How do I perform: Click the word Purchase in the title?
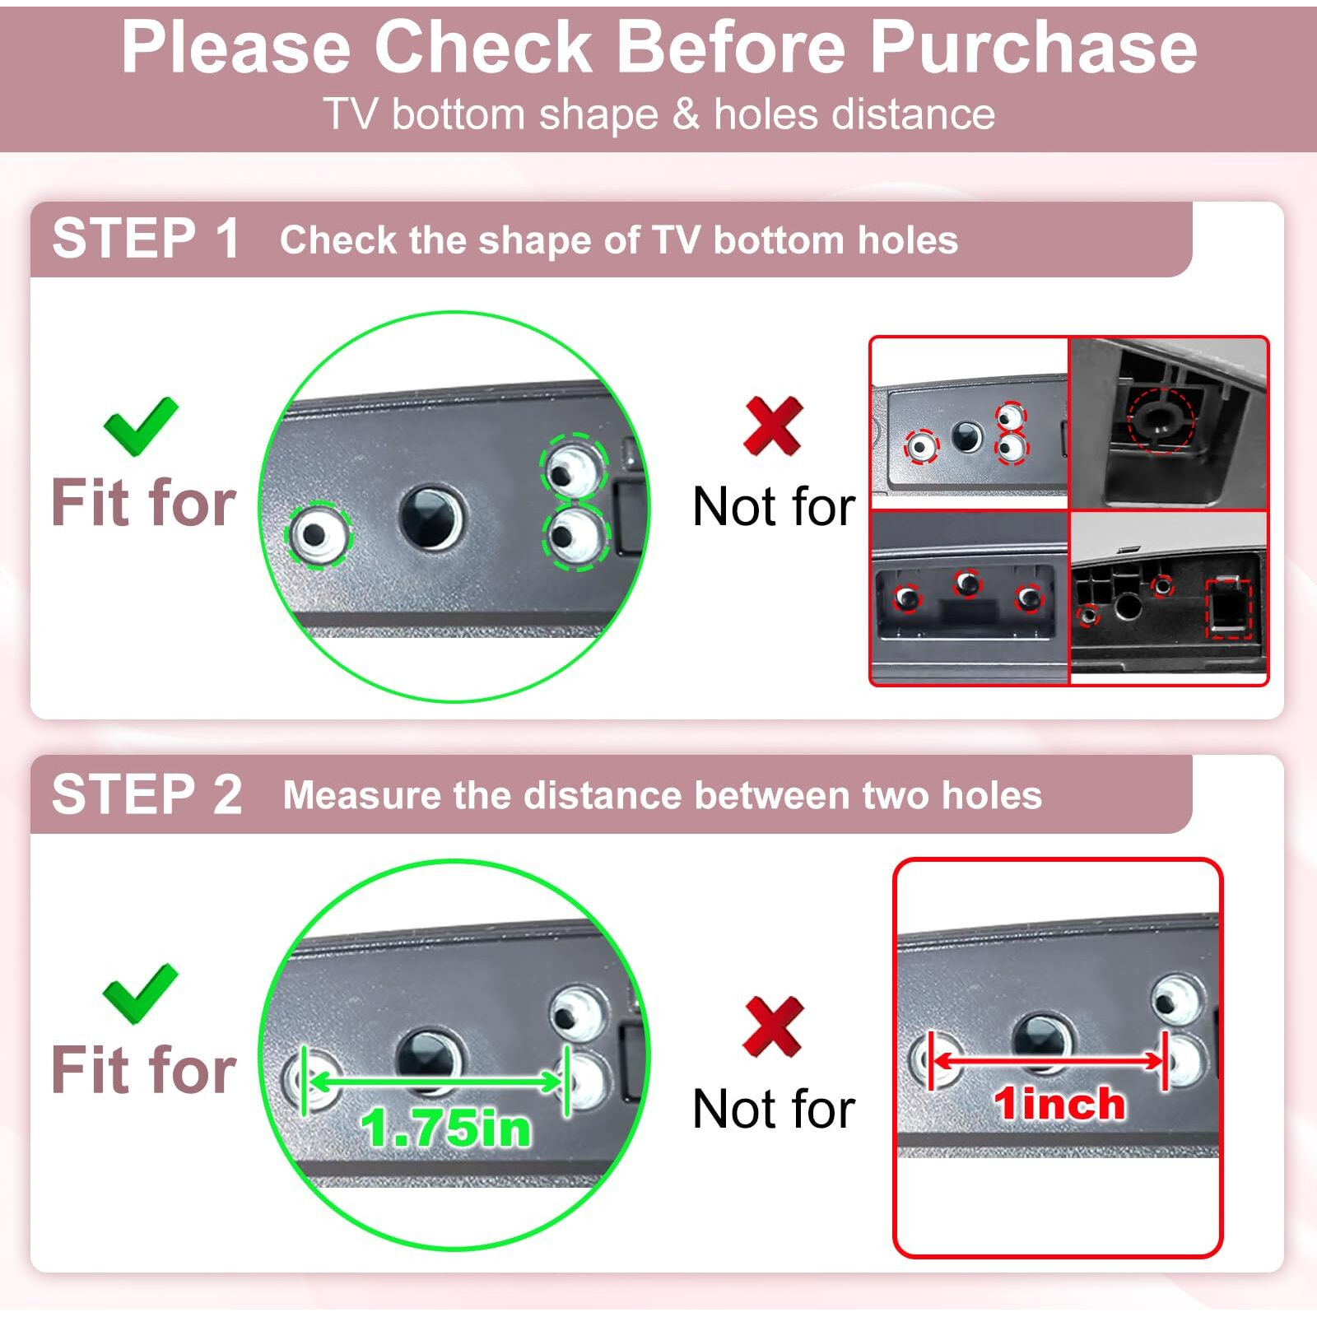point(1033,48)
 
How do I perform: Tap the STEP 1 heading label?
point(147,239)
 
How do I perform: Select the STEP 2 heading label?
point(147,794)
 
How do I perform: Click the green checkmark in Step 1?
point(141,426)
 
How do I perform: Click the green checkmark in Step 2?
point(141,994)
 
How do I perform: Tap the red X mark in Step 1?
point(772,426)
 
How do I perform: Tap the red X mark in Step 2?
point(772,1026)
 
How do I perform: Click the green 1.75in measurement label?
point(446,1127)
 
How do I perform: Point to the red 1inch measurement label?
point(1059,1103)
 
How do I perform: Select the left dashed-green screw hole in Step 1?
point(318,535)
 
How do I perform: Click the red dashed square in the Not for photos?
point(1228,609)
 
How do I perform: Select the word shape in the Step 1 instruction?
point(541,241)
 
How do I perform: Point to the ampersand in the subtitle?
point(685,114)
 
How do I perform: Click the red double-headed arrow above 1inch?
point(1049,1062)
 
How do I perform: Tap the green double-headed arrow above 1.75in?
point(436,1082)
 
